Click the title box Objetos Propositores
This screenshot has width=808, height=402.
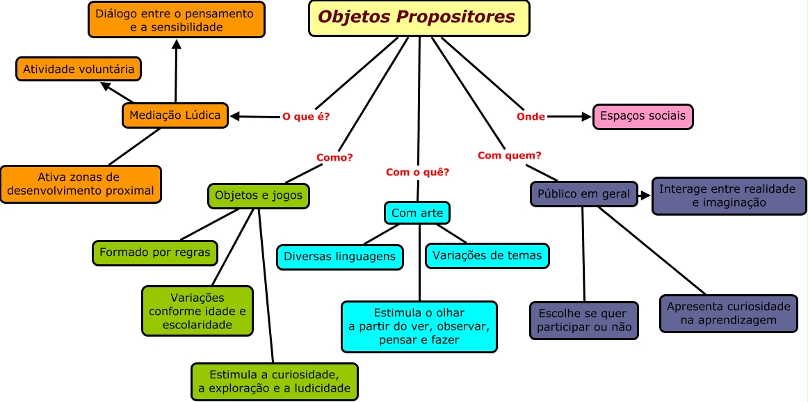(x=419, y=18)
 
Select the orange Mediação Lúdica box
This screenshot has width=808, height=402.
(x=175, y=115)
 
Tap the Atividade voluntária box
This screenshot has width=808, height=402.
(x=79, y=70)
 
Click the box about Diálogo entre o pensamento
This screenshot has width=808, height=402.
(x=177, y=20)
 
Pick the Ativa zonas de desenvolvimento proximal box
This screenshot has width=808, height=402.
(x=81, y=184)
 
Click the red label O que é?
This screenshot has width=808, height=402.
(x=306, y=117)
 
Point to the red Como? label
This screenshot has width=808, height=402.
(x=334, y=157)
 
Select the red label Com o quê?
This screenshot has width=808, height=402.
(x=417, y=172)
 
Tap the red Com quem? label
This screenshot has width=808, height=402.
(x=510, y=155)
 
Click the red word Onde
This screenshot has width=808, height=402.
(x=531, y=117)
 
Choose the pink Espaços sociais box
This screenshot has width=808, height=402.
(x=643, y=116)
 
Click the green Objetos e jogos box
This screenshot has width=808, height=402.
(x=259, y=195)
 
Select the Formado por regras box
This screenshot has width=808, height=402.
(x=154, y=252)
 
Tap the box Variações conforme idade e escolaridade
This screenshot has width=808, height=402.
(x=197, y=311)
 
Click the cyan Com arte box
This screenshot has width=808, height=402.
(x=417, y=213)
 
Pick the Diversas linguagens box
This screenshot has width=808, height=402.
(x=339, y=257)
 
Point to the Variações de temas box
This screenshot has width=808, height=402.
(x=487, y=255)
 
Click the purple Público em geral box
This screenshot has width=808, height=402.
(x=584, y=194)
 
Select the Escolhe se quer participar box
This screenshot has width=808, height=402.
(x=583, y=321)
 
